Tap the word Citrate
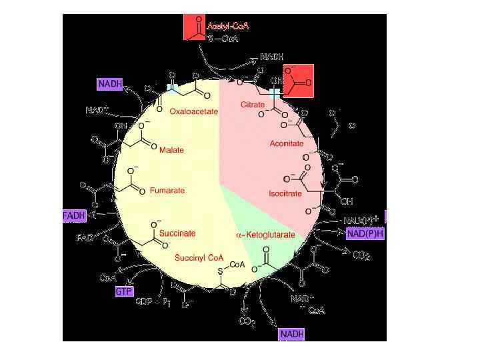click(253, 105)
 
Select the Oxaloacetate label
click(193, 112)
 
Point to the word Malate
click(171, 150)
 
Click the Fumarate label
click(167, 191)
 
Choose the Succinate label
click(177, 233)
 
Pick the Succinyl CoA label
click(198, 257)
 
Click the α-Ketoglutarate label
click(265, 235)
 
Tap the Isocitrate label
click(285, 194)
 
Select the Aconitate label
click(287, 143)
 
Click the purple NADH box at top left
click(110, 84)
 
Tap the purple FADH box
click(74, 216)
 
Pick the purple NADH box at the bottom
click(292, 333)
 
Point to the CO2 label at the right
click(361, 255)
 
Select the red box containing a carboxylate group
click(297, 81)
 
